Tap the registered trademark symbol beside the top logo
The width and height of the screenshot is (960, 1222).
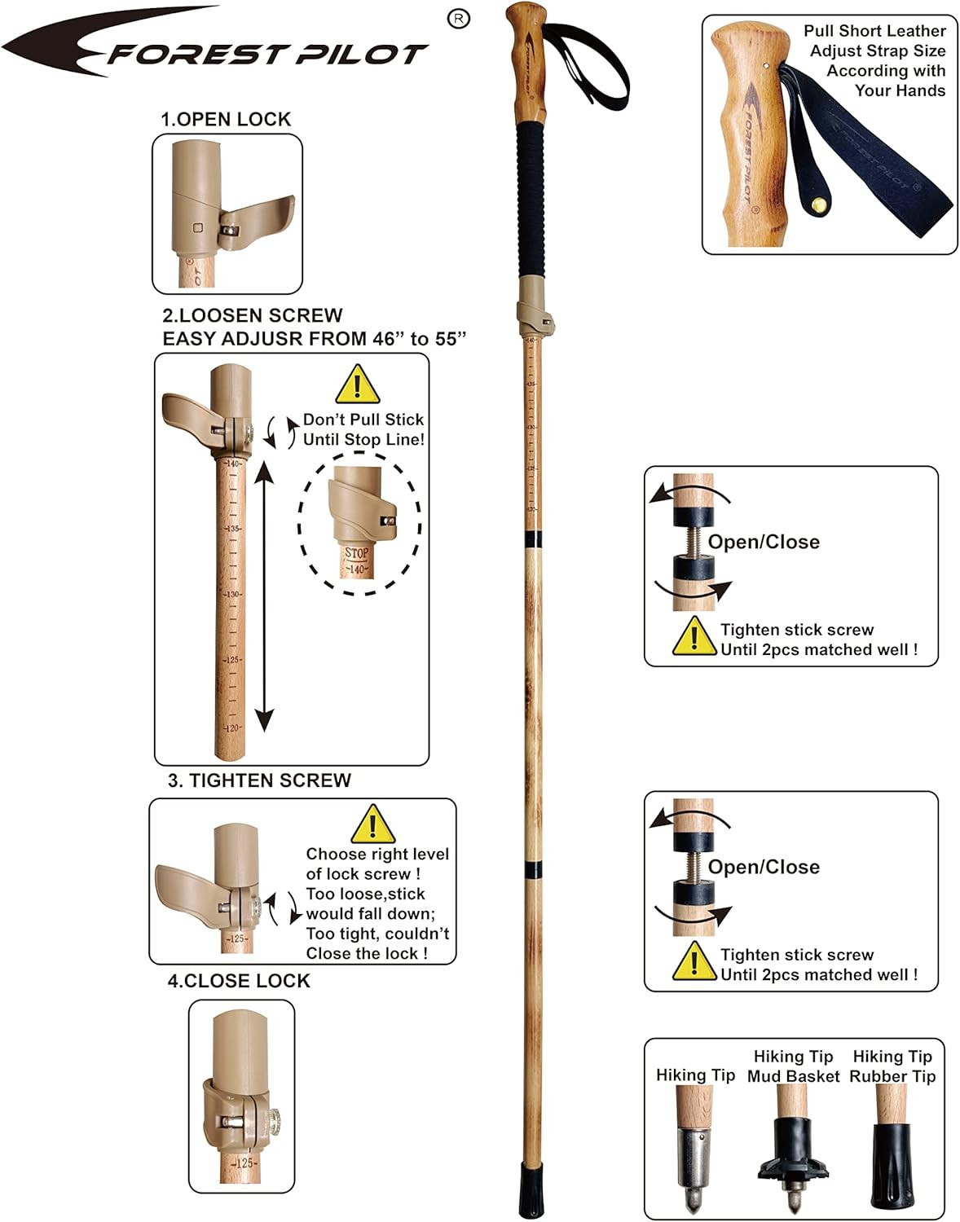pos(460,20)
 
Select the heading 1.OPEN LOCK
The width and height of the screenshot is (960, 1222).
pos(226,119)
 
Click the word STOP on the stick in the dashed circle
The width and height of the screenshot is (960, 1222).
pos(357,552)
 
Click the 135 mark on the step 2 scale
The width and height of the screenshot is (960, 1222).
pos(233,529)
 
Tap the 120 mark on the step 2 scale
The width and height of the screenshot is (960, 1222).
pos(233,727)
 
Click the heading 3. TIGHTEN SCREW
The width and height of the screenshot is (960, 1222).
pos(259,780)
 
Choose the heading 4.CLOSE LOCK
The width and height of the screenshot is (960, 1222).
pos(239,981)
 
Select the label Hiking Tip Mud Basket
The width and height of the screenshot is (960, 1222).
pos(793,1066)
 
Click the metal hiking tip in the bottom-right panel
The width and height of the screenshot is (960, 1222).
pos(693,1149)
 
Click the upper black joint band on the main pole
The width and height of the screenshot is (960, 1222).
pos(534,538)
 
